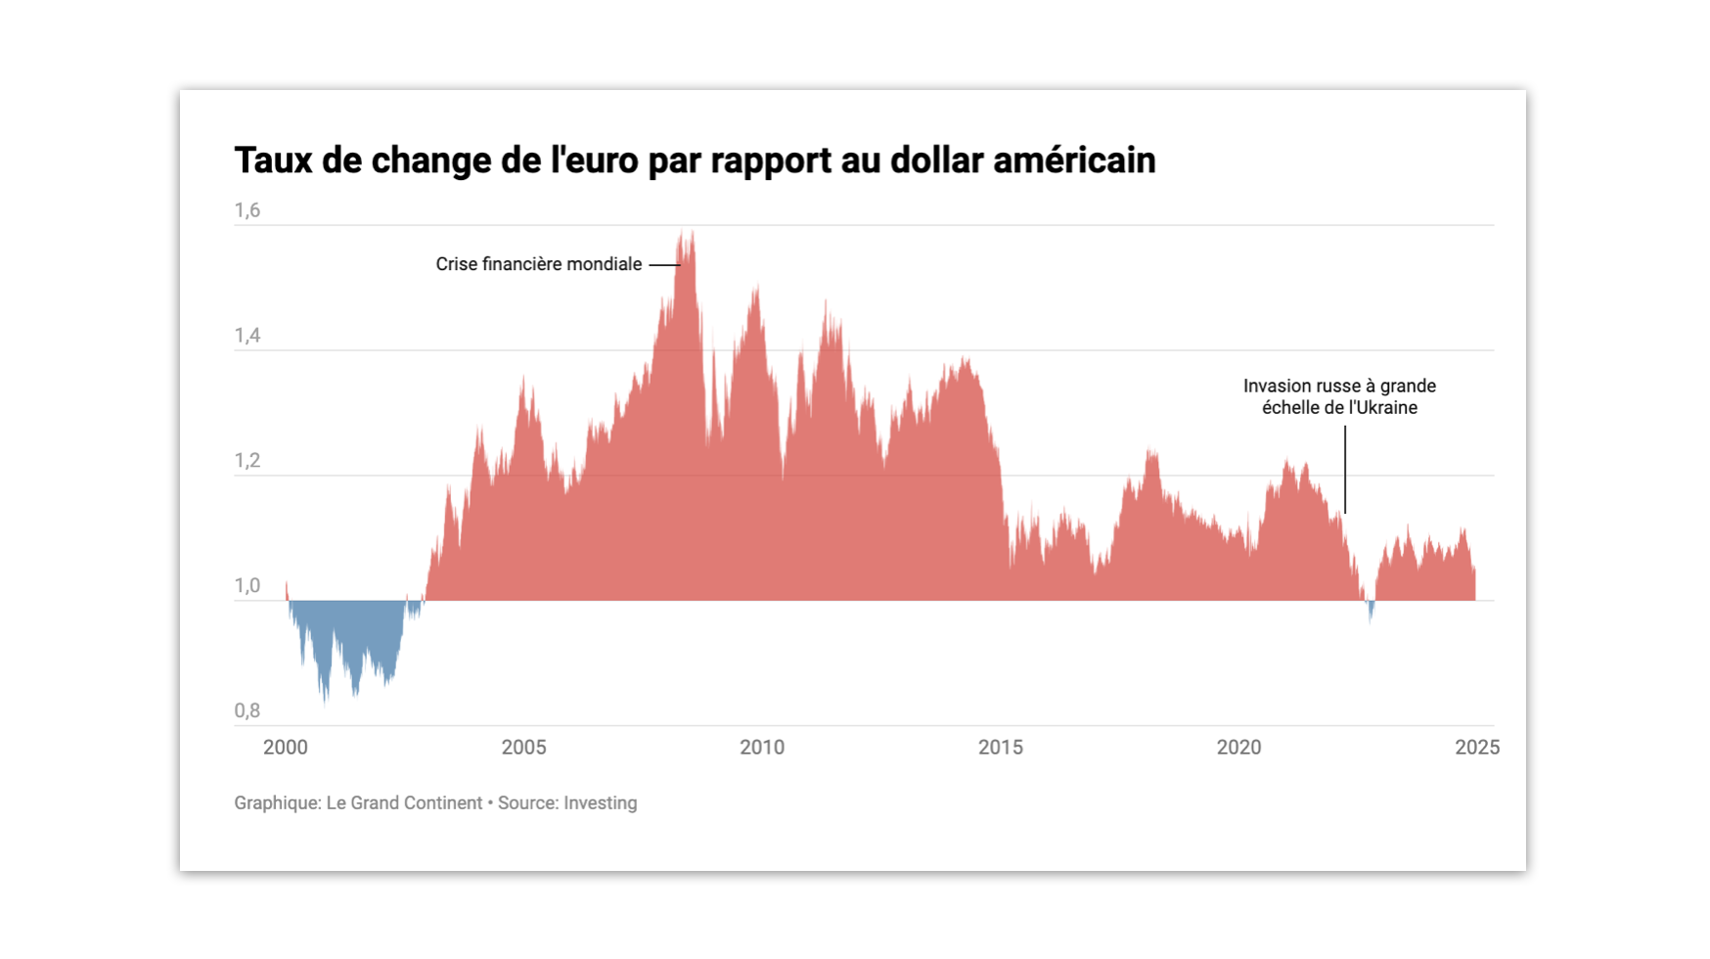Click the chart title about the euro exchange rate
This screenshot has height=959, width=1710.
(x=695, y=160)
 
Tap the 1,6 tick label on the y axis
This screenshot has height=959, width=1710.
(x=247, y=210)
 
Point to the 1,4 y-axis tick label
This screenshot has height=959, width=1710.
(x=247, y=336)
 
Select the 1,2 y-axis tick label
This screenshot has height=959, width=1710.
(x=247, y=461)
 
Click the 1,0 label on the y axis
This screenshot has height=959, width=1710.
(x=247, y=586)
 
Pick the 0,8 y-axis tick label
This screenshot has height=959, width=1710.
(x=247, y=711)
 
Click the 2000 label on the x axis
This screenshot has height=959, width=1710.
(x=286, y=748)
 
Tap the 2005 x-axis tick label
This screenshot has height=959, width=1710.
(x=523, y=748)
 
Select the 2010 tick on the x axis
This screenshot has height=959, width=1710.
(x=762, y=748)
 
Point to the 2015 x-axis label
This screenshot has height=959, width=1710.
(x=1001, y=748)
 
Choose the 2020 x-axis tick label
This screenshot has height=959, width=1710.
(x=1238, y=748)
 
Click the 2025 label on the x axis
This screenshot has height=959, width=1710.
(x=1477, y=748)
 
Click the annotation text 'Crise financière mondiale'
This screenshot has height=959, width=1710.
(x=539, y=264)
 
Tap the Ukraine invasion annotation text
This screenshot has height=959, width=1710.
(x=1339, y=396)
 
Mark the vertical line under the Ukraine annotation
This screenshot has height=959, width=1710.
(x=1345, y=470)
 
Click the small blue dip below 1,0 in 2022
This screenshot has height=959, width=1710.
(x=1371, y=611)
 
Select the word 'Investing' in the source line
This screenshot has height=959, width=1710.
(x=600, y=803)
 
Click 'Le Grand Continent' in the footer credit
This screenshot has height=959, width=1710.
(x=404, y=803)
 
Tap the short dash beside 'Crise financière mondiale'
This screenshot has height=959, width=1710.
(x=664, y=265)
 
